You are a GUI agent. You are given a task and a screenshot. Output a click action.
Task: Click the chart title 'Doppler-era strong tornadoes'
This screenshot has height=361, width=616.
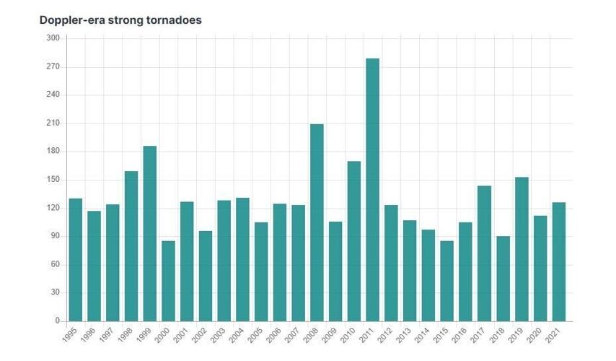pyautogui.click(x=120, y=20)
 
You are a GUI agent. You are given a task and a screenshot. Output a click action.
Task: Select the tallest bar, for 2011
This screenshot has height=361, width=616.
pyautogui.click(x=372, y=190)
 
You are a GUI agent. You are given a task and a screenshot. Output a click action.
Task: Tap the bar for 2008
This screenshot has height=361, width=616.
pyautogui.click(x=317, y=222)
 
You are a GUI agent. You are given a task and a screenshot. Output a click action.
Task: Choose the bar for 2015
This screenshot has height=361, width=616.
pyautogui.click(x=446, y=281)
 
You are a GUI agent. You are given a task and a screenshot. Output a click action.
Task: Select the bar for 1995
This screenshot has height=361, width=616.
pyautogui.click(x=75, y=260)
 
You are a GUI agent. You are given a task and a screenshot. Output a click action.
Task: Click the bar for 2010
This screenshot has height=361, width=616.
pyautogui.click(x=353, y=241)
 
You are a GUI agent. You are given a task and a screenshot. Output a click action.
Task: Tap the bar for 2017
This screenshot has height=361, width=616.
pyautogui.click(x=484, y=253)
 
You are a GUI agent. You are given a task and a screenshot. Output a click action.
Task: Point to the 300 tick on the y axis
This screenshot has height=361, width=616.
pyautogui.click(x=53, y=38)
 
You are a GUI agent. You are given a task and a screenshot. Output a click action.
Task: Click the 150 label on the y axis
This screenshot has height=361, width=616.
pyautogui.click(x=53, y=180)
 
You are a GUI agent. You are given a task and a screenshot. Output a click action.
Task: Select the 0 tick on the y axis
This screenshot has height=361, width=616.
pyautogui.click(x=57, y=321)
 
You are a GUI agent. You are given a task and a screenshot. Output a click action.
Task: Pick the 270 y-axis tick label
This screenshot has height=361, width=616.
pyautogui.click(x=53, y=66)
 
